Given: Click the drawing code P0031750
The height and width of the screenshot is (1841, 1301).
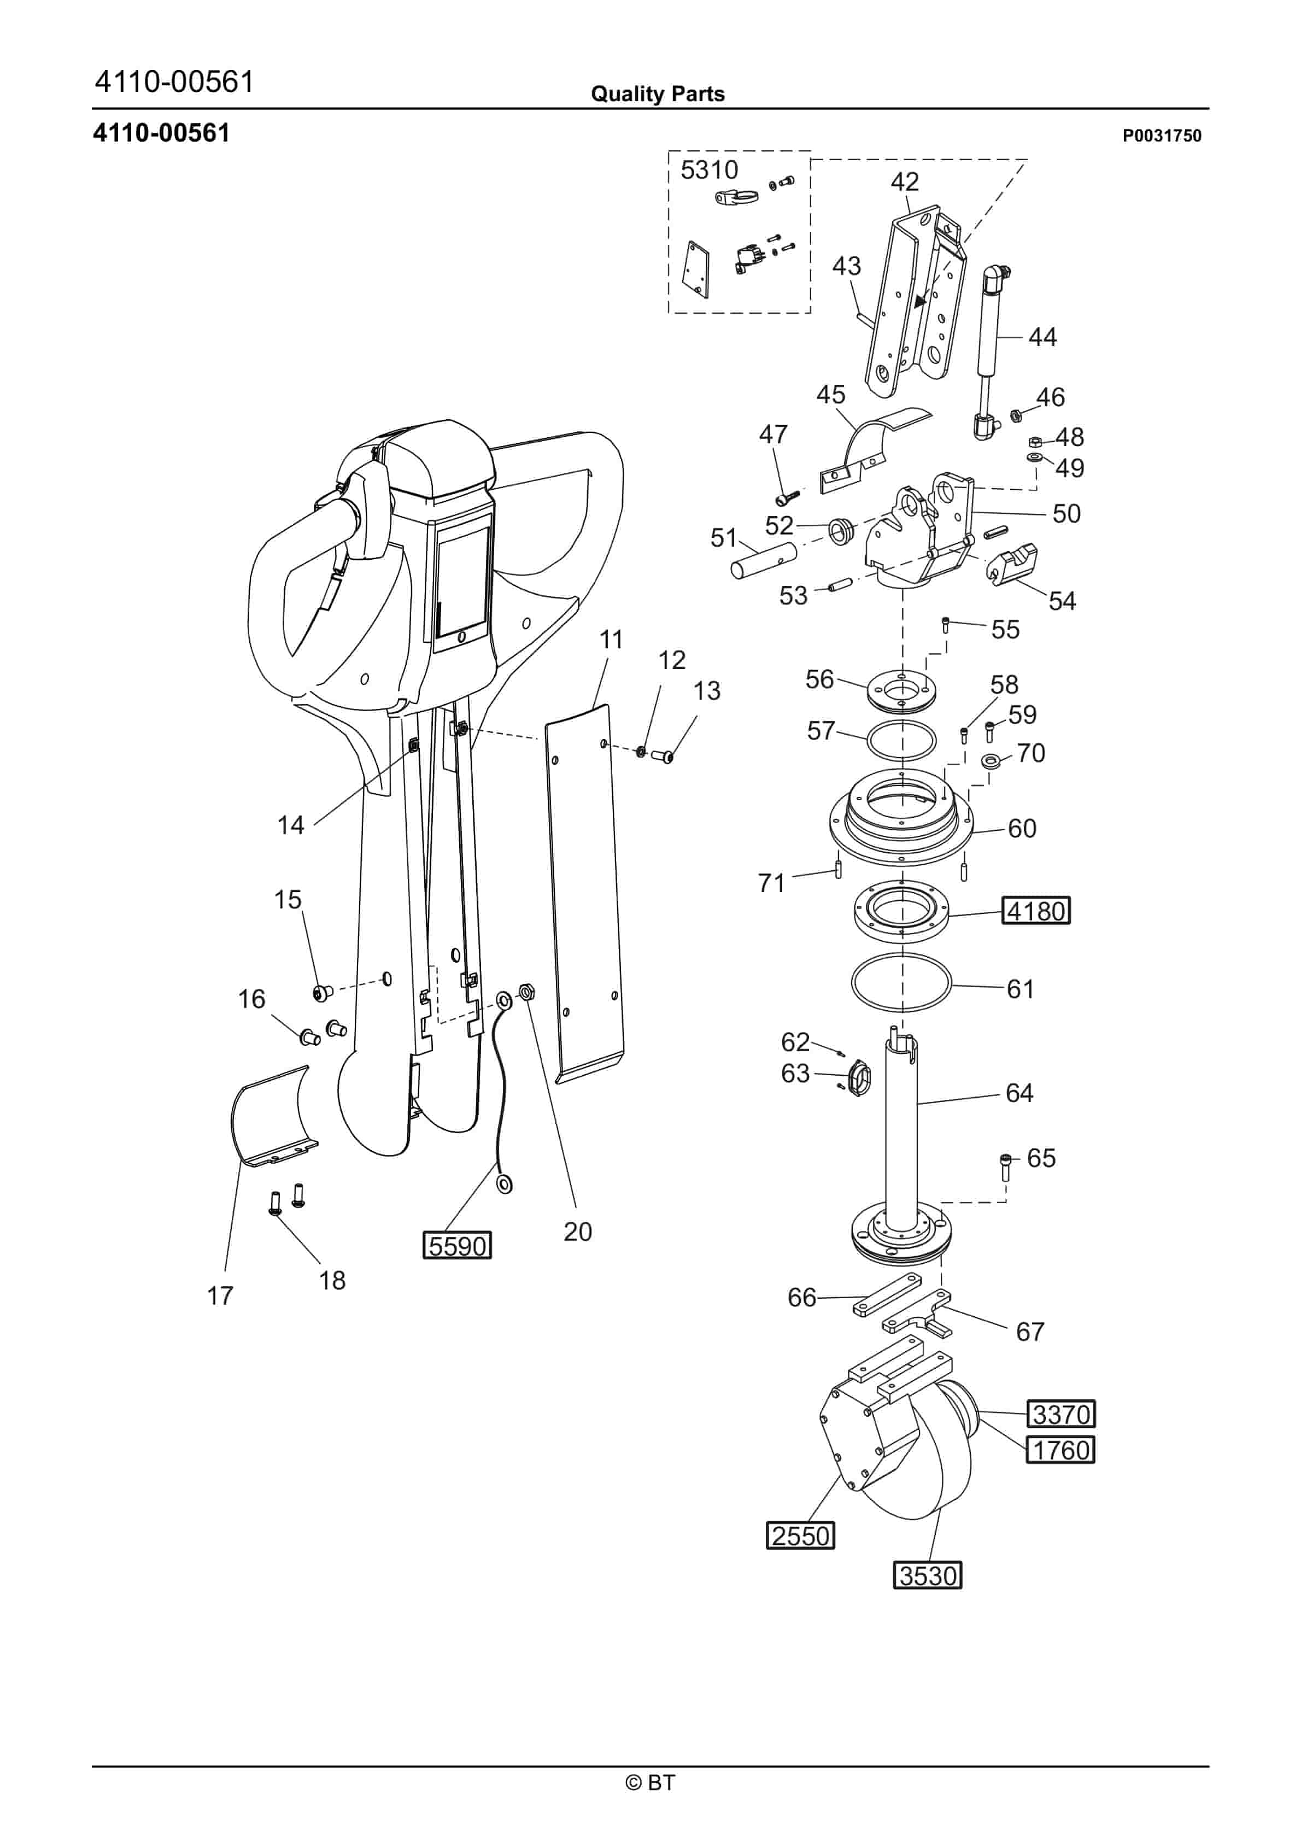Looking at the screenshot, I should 1162,136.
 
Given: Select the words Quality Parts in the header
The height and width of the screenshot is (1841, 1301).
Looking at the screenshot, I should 658,94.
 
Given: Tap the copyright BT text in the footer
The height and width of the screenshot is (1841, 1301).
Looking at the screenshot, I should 650,1783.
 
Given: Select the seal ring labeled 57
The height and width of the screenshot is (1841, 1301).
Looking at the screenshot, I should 901,739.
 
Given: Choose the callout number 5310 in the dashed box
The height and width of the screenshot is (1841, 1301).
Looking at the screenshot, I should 709,170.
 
